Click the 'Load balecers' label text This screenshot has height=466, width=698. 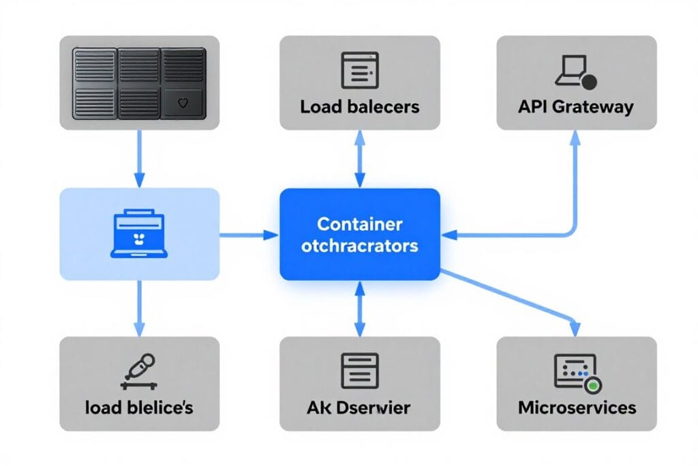point(359,107)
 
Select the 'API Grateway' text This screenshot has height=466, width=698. point(575,107)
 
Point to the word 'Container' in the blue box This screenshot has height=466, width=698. point(359,224)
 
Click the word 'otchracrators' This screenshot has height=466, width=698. point(359,246)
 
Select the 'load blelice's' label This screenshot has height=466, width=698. point(139,408)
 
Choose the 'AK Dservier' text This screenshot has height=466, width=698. point(359,408)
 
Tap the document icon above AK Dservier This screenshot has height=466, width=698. point(359,371)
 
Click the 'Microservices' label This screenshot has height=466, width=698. point(577,408)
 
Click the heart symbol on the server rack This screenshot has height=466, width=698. point(182,104)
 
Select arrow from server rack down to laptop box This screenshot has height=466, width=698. point(139,158)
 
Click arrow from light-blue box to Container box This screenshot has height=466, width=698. point(249,235)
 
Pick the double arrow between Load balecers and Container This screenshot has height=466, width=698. point(359,158)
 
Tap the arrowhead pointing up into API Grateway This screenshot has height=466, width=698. point(575,136)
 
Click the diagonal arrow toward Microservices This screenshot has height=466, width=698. point(511,296)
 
